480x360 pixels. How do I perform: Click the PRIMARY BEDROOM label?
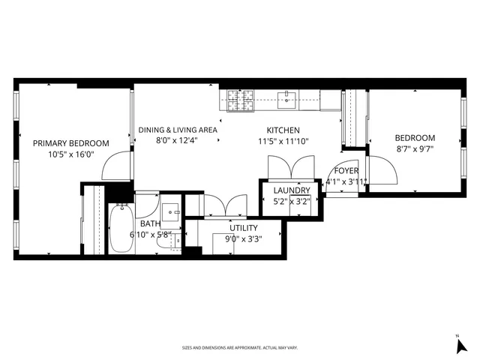pos(70,143)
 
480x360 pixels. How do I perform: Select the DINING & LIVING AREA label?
pos(178,130)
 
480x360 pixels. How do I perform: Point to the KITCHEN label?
pos(283,130)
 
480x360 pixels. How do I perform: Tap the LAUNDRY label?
pos(286,191)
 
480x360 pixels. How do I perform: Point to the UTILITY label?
pos(244,228)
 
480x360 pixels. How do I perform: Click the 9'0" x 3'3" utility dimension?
pos(244,240)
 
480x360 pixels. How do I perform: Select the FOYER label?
pos(346,170)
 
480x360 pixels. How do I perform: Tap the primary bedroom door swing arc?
pos(117,167)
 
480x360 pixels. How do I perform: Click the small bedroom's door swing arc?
pos(385,175)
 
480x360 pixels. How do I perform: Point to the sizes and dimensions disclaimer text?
pos(240,348)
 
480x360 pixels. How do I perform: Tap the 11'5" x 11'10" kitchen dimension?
pos(283,141)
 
